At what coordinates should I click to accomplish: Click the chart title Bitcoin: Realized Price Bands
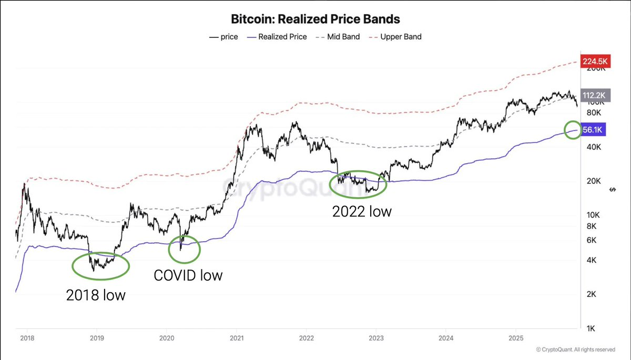tap(315, 19)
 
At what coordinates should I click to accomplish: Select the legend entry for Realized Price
tap(283, 37)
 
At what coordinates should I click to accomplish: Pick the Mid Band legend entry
tap(343, 37)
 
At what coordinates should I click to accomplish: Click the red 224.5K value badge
tap(594, 61)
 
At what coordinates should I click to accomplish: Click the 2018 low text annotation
tap(96, 295)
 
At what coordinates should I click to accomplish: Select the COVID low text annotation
tap(188, 275)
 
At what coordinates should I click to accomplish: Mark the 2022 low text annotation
tap(362, 212)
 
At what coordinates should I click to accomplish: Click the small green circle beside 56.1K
tap(573, 130)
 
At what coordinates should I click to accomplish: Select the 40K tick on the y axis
tap(594, 147)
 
